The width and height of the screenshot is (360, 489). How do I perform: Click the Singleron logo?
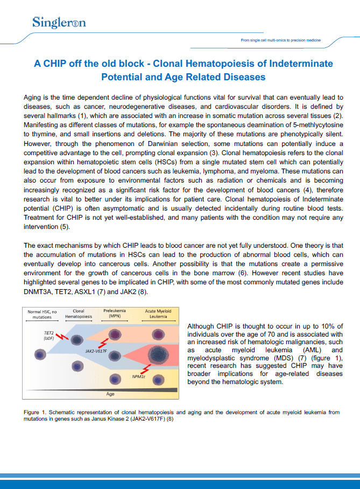click(x=59, y=23)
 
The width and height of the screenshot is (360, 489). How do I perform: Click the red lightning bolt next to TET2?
click(x=64, y=338)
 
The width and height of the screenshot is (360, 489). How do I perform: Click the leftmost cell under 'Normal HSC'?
click(x=39, y=354)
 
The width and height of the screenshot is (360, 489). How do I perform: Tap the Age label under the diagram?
click(x=110, y=394)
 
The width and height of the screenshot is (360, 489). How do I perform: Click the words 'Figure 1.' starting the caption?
click(x=36, y=412)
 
